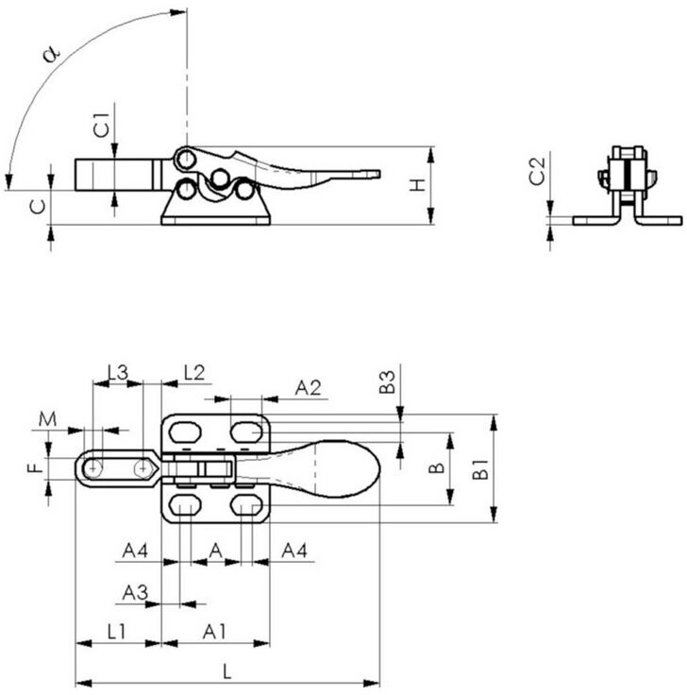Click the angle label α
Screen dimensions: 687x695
tap(51, 54)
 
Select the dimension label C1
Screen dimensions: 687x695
tap(101, 125)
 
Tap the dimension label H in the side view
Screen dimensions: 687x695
tap(417, 185)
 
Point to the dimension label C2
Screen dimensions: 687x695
tap(537, 171)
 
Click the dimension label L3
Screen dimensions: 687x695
tap(118, 372)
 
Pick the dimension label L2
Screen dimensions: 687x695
tap(194, 373)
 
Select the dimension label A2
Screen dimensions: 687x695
tap(308, 388)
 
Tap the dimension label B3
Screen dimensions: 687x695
tap(387, 382)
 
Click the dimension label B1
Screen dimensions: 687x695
tap(480, 469)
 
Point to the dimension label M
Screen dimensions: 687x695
tap(47, 419)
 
